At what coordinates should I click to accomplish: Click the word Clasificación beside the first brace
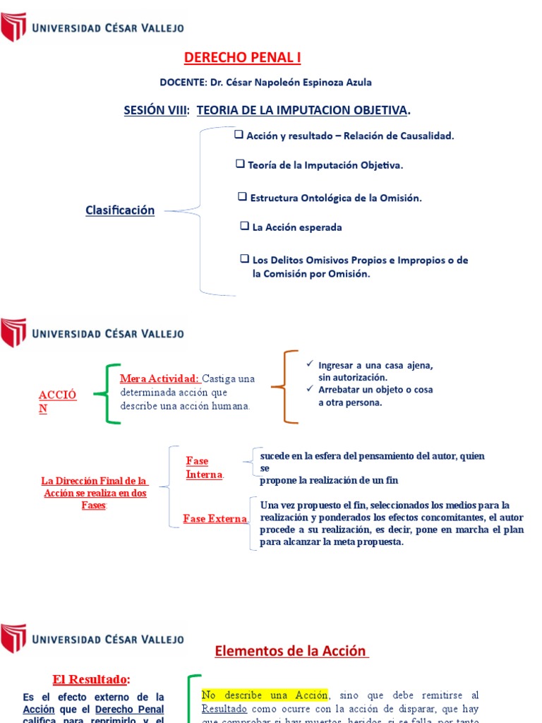pos(120,210)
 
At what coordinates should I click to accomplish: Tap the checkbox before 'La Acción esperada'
pos(244,227)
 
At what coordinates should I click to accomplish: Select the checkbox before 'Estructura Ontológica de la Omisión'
pos(242,197)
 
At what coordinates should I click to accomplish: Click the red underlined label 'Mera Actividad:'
pos(159,378)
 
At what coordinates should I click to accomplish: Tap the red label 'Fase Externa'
pos(215,519)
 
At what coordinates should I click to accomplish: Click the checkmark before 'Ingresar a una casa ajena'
pos(309,364)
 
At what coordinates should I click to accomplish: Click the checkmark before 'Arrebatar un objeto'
pos(309,389)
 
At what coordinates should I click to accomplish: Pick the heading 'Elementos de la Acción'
pos(291,652)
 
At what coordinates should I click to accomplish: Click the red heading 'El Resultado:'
pos(91,679)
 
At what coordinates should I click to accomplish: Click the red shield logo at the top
pos(13,28)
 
